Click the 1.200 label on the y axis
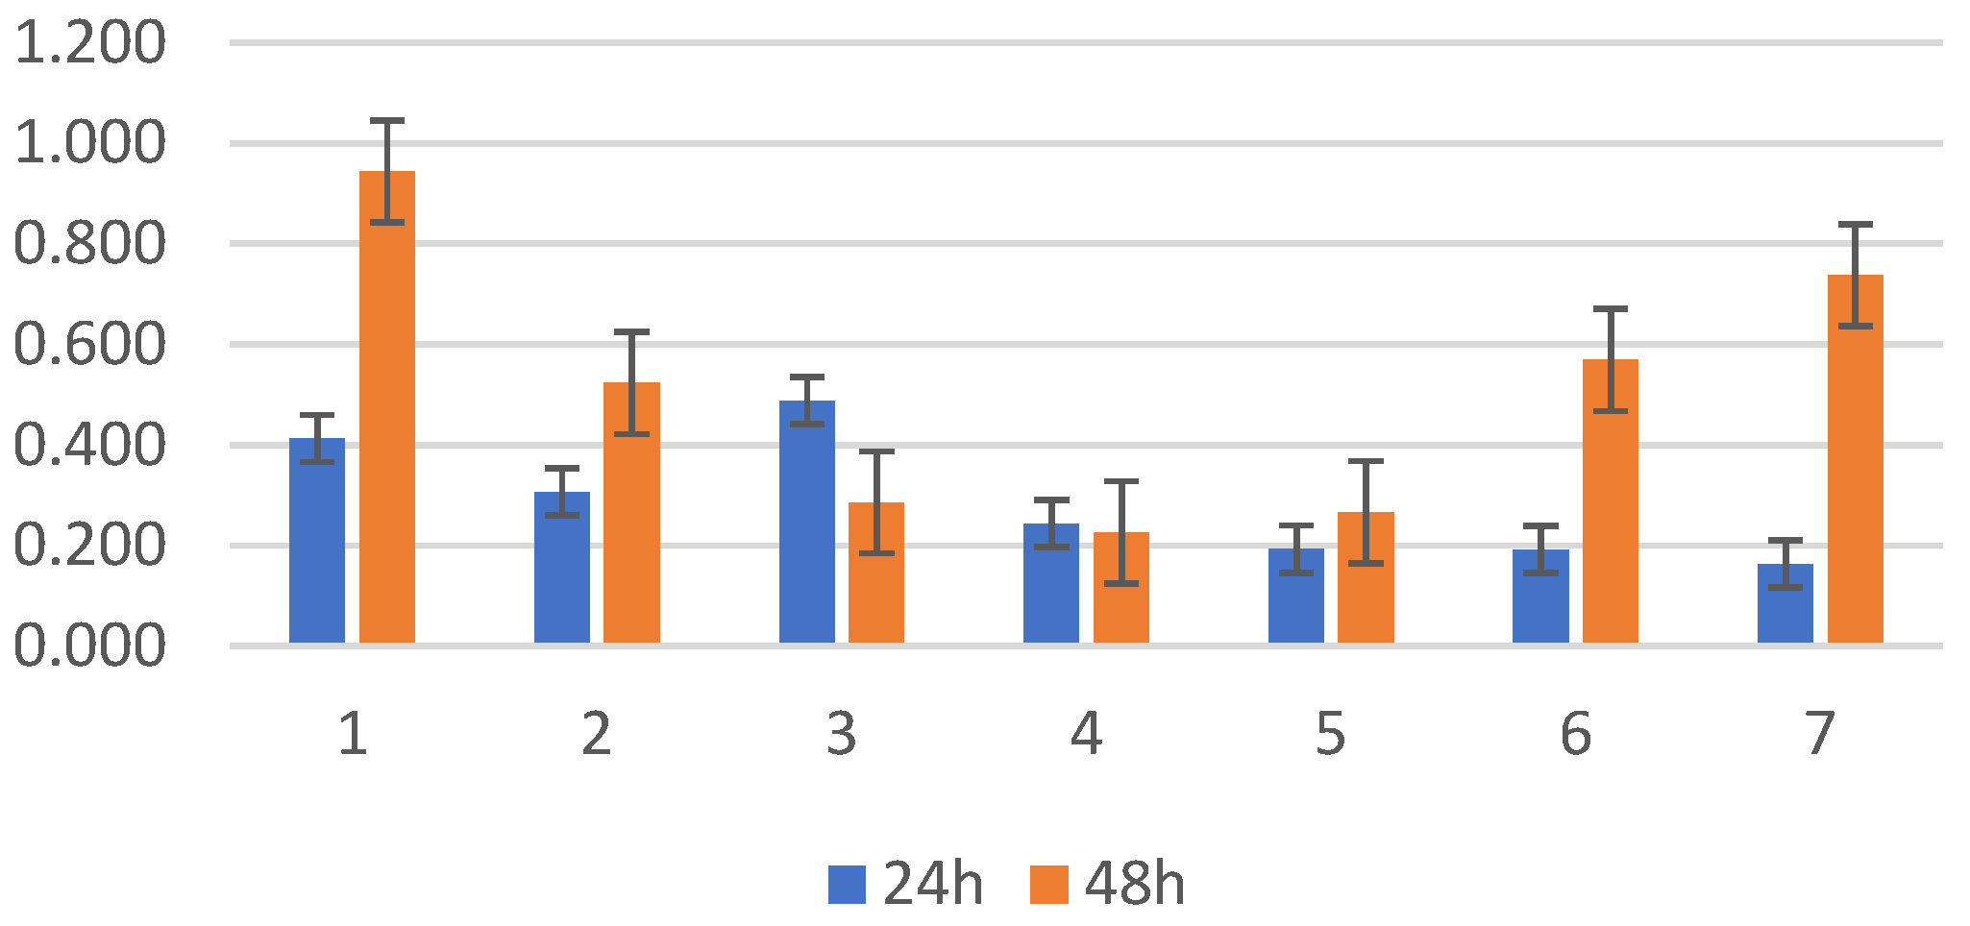89,43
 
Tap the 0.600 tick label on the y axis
89,345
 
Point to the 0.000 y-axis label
89,646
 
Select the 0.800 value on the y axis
89,244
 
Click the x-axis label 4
1086,735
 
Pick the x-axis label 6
1575,735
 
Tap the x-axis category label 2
597,735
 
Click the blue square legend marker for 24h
847,885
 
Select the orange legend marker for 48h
1048,885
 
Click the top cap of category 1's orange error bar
387,121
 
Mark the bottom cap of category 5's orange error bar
1366,563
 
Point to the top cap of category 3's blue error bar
806,377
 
